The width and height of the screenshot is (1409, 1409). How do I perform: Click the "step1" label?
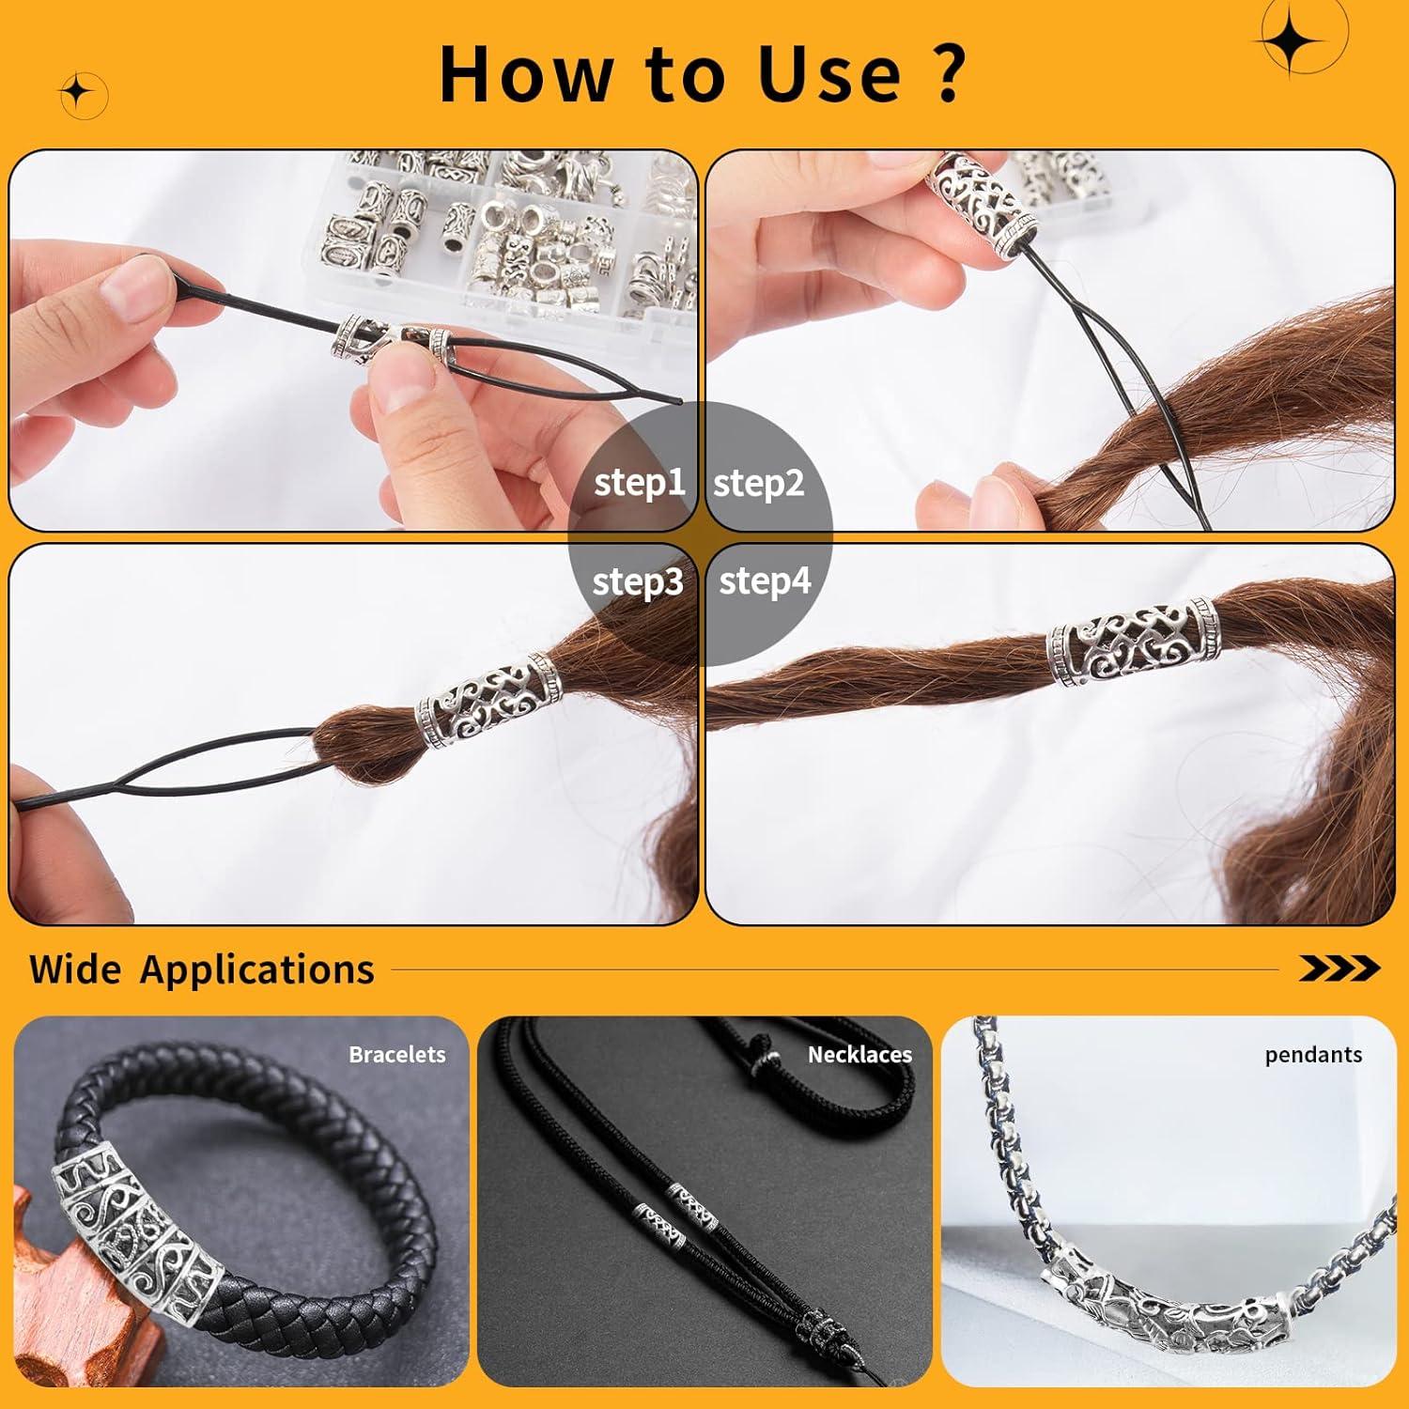[640, 483]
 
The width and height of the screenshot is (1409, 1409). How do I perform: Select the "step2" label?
[759, 484]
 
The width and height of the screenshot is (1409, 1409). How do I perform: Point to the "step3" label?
[638, 582]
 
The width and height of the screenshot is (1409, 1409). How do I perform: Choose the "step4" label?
[765, 581]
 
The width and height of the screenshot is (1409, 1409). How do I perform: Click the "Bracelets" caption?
[397, 1055]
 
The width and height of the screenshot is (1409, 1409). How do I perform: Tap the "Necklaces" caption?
[859, 1055]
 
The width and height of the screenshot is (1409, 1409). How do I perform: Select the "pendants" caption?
[1313, 1055]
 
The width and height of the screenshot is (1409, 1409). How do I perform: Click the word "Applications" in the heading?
[257, 969]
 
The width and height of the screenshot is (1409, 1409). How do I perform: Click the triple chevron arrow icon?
[1339, 968]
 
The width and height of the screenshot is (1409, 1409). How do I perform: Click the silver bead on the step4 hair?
[1132, 641]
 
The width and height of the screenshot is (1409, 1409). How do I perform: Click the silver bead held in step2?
[981, 201]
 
